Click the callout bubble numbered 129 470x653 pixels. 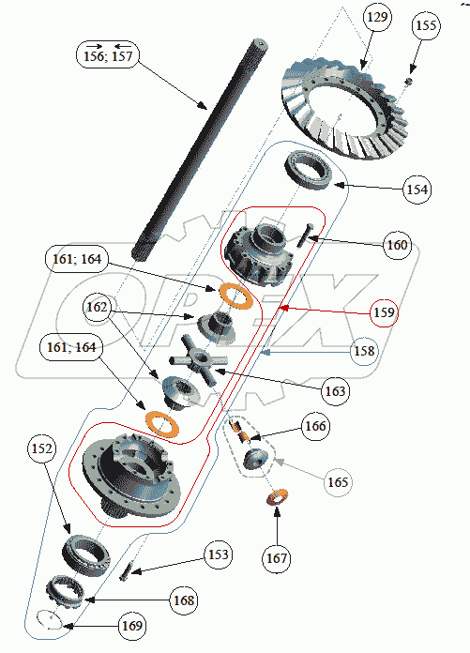tap(377, 17)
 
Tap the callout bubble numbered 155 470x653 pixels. tap(426, 26)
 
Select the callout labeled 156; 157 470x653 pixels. tap(108, 55)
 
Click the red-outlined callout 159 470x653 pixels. tap(384, 312)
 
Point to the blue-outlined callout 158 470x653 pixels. tap(364, 351)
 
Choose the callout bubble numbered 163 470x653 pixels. tap(335, 391)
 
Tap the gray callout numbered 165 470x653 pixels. tap(338, 482)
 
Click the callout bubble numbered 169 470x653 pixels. tap(132, 626)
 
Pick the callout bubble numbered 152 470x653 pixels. tap(42, 448)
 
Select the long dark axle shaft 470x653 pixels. tap(200, 150)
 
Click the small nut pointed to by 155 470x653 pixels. tap(410, 81)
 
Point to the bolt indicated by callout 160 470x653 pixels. tap(304, 235)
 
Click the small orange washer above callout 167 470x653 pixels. tap(278, 497)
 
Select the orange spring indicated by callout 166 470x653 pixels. tap(239, 432)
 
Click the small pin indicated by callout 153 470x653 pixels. tap(125, 570)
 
